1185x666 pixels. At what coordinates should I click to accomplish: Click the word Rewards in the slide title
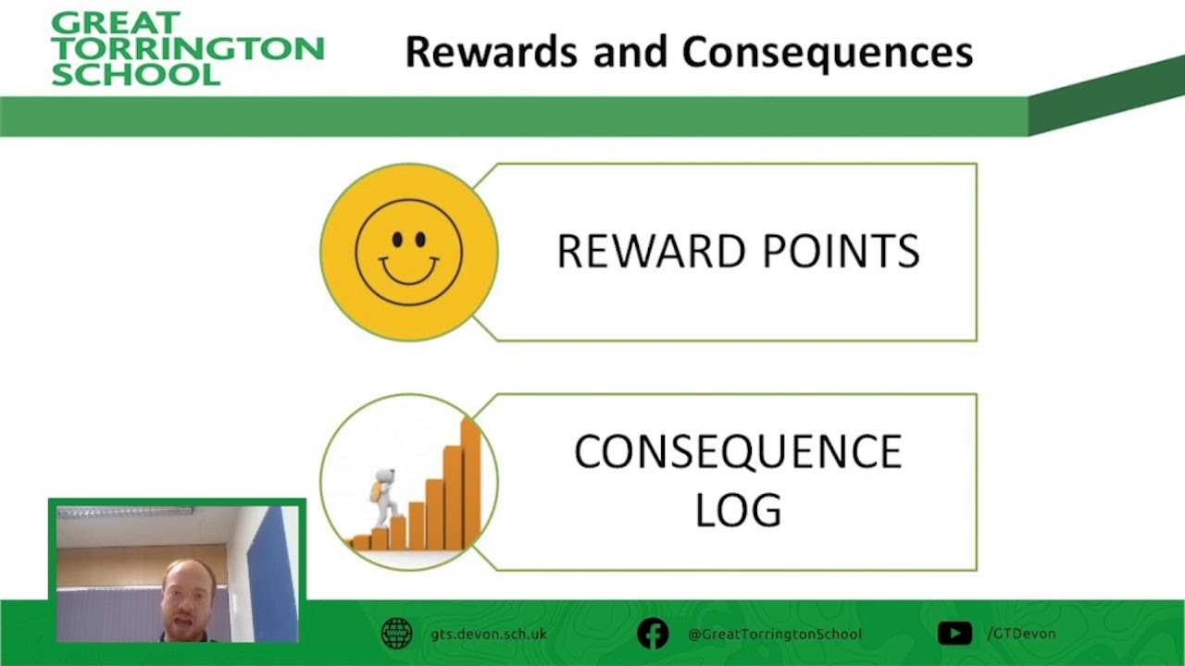tap(491, 52)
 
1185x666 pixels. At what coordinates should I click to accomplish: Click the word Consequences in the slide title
tap(828, 54)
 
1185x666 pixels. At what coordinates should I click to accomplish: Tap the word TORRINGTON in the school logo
tap(188, 48)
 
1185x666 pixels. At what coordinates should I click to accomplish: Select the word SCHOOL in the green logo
tap(135, 74)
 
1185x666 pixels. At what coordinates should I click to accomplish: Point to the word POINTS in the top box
tap(842, 251)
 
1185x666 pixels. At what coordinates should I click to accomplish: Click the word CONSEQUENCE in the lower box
tap(738, 451)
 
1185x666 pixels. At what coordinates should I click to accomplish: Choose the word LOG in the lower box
tap(738, 510)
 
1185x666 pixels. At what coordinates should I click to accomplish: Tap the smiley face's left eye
tap(397, 240)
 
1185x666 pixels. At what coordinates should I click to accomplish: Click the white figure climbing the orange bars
tap(384, 498)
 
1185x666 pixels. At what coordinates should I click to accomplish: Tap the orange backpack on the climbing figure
tap(376, 492)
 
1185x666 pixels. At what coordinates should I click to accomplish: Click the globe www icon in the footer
tap(397, 634)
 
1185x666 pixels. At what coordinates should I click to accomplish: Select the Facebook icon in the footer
tap(653, 634)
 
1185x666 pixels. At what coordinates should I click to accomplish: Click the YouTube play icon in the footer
tap(954, 634)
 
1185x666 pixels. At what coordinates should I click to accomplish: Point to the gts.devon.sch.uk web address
tap(489, 634)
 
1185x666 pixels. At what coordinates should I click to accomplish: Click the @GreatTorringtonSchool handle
tap(775, 634)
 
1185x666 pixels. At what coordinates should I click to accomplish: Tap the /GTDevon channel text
tap(1021, 634)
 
